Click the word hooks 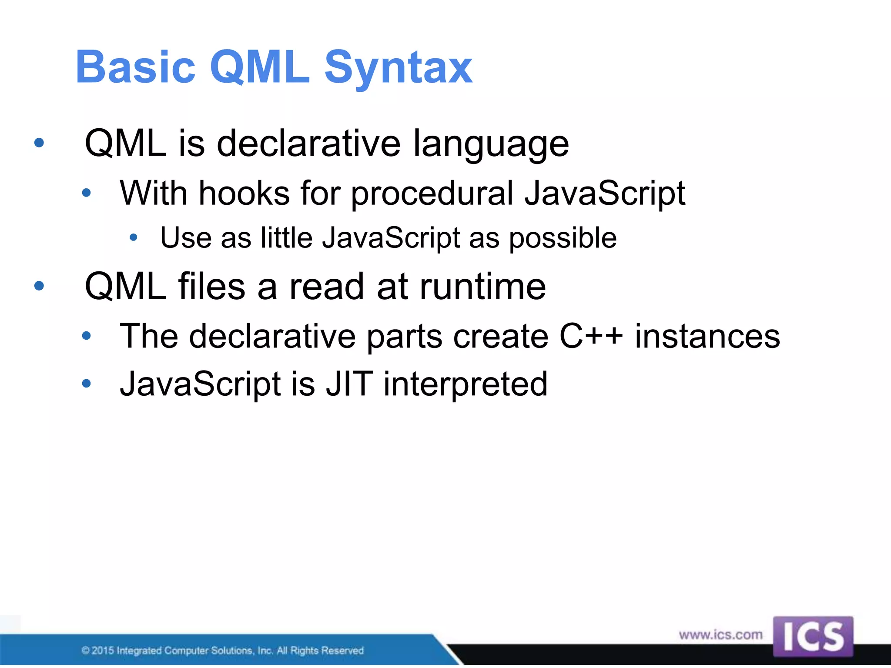pyautogui.click(x=244, y=193)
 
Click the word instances pyautogui.click(x=707, y=336)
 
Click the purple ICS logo pyautogui.click(x=813, y=637)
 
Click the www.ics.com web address pyautogui.click(x=720, y=635)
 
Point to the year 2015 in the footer pyautogui.click(x=103, y=651)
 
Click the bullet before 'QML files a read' pyautogui.click(x=39, y=286)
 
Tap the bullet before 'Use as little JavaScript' pyautogui.click(x=134, y=237)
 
